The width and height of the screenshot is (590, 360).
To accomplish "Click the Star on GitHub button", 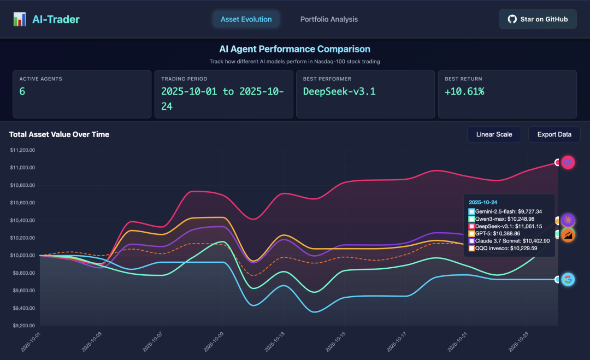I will tap(538, 19).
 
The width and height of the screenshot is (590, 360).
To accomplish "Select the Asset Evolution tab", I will tap(246, 19).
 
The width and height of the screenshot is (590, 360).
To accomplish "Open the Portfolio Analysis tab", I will tap(329, 19).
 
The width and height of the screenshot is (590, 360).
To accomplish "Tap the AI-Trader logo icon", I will tap(20, 20).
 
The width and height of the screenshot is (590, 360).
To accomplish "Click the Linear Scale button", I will tap(494, 134).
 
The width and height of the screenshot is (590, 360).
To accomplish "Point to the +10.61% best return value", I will tap(464, 91).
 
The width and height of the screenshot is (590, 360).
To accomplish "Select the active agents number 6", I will tap(22, 91).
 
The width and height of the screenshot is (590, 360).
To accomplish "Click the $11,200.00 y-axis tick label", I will tap(22, 150).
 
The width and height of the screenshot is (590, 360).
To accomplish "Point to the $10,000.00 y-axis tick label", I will tap(22, 255).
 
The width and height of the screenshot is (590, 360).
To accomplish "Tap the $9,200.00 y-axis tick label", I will tap(22, 326).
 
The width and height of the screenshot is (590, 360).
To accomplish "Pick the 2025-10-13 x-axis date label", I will tap(273, 342).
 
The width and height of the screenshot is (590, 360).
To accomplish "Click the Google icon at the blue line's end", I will tap(568, 279).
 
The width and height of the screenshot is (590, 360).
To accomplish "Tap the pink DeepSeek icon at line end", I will tap(568, 162).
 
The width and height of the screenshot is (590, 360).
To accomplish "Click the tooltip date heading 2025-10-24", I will tap(483, 202).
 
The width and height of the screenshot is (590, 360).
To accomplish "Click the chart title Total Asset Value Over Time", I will tap(59, 134).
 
